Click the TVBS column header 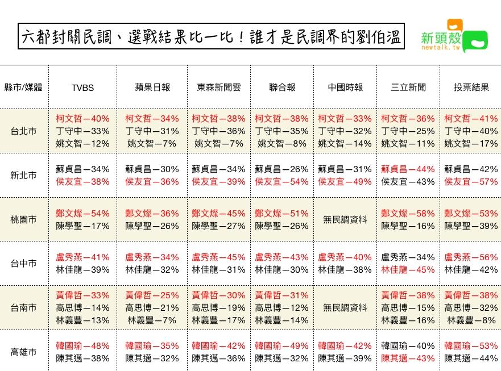pyautogui.click(x=82, y=87)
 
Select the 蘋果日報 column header pyautogui.click(x=152, y=87)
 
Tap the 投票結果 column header pyautogui.click(x=471, y=87)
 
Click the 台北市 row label pyautogui.click(x=24, y=131)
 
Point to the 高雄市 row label pyautogui.click(x=24, y=352)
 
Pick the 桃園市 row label pyautogui.click(x=24, y=219)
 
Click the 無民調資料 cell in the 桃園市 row pyautogui.click(x=345, y=220)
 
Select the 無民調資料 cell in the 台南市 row pyautogui.click(x=345, y=308)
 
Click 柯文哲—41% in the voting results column pyautogui.click(x=471, y=119)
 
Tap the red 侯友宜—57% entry pyautogui.click(x=471, y=182)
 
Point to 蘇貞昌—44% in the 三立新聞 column pyautogui.click(x=408, y=169)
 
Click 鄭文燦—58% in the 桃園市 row pyautogui.click(x=408, y=214)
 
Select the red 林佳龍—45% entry pyautogui.click(x=408, y=270)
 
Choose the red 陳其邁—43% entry pyautogui.click(x=408, y=359)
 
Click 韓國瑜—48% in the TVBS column pyautogui.click(x=82, y=345)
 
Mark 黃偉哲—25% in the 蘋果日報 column pyautogui.click(x=152, y=295)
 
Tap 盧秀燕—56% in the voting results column pyautogui.click(x=471, y=257)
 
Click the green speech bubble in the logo pyautogui.click(x=475, y=41)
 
